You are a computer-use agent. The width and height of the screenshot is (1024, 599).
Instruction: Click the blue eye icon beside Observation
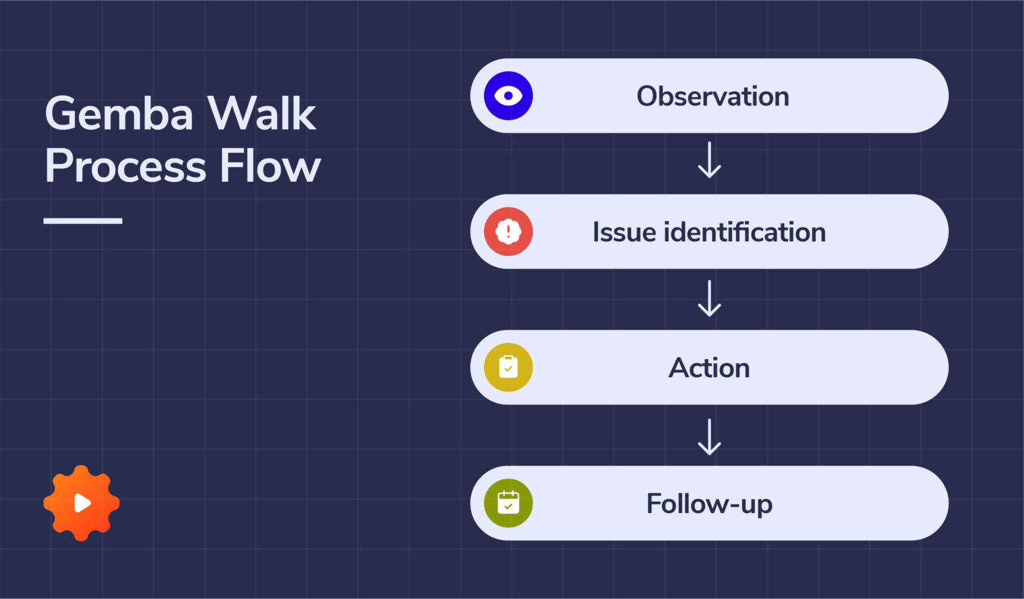(508, 96)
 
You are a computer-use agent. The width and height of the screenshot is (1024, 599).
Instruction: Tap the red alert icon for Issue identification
(508, 232)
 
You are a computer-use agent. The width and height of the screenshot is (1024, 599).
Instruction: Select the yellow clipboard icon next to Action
(508, 368)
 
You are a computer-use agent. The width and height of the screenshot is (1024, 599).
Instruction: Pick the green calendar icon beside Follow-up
(508, 504)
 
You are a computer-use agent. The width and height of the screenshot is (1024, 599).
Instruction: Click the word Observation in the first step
(713, 97)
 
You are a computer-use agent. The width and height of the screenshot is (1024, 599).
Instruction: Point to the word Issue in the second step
(624, 233)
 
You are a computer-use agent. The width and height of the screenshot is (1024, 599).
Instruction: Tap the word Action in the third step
(709, 368)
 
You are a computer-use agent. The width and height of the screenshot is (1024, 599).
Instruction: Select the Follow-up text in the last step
(709, 504)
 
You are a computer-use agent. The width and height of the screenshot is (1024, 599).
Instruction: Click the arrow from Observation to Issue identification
(709, 160)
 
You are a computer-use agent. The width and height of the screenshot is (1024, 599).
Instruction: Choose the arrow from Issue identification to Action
(709, 299)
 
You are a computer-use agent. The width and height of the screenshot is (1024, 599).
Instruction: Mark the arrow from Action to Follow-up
(709, 437)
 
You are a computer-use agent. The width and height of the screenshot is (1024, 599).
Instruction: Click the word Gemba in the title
(119, 114)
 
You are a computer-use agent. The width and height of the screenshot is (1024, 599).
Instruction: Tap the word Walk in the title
(261, 114)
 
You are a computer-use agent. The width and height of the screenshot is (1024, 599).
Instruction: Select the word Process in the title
(125, 167)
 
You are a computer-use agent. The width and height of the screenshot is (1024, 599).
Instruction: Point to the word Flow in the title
(270, 167)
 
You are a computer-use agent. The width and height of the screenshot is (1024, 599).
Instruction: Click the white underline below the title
(83, 221)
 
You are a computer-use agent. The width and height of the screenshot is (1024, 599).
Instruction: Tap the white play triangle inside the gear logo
(82, 503)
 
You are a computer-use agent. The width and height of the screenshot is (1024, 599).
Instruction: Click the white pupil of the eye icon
(508, 96)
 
